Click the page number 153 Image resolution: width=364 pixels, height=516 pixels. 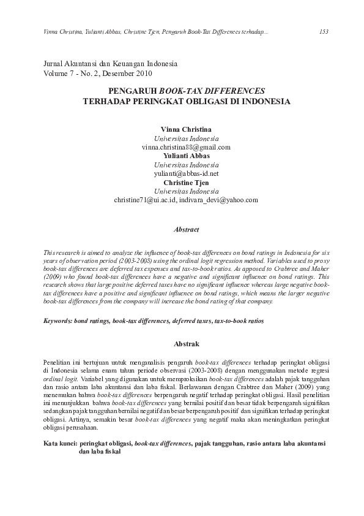click(324, 31)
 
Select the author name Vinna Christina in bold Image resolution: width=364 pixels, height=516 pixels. click(185, 130)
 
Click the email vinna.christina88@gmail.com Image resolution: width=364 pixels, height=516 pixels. click(185, 148)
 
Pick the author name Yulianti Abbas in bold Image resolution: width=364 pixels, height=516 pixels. click(185, 156)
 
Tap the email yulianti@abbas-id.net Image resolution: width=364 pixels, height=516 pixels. click(185, 174)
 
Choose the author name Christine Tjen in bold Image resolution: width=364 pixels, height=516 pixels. click(185, 183)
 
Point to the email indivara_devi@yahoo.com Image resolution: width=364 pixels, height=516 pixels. click(219, 200)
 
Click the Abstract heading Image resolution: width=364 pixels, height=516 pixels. click(187, 230)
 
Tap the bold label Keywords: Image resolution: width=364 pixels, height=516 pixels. click(58, 321)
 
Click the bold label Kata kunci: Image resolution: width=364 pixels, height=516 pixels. click(61, 442)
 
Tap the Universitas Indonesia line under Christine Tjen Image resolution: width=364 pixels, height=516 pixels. click(185, 192)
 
